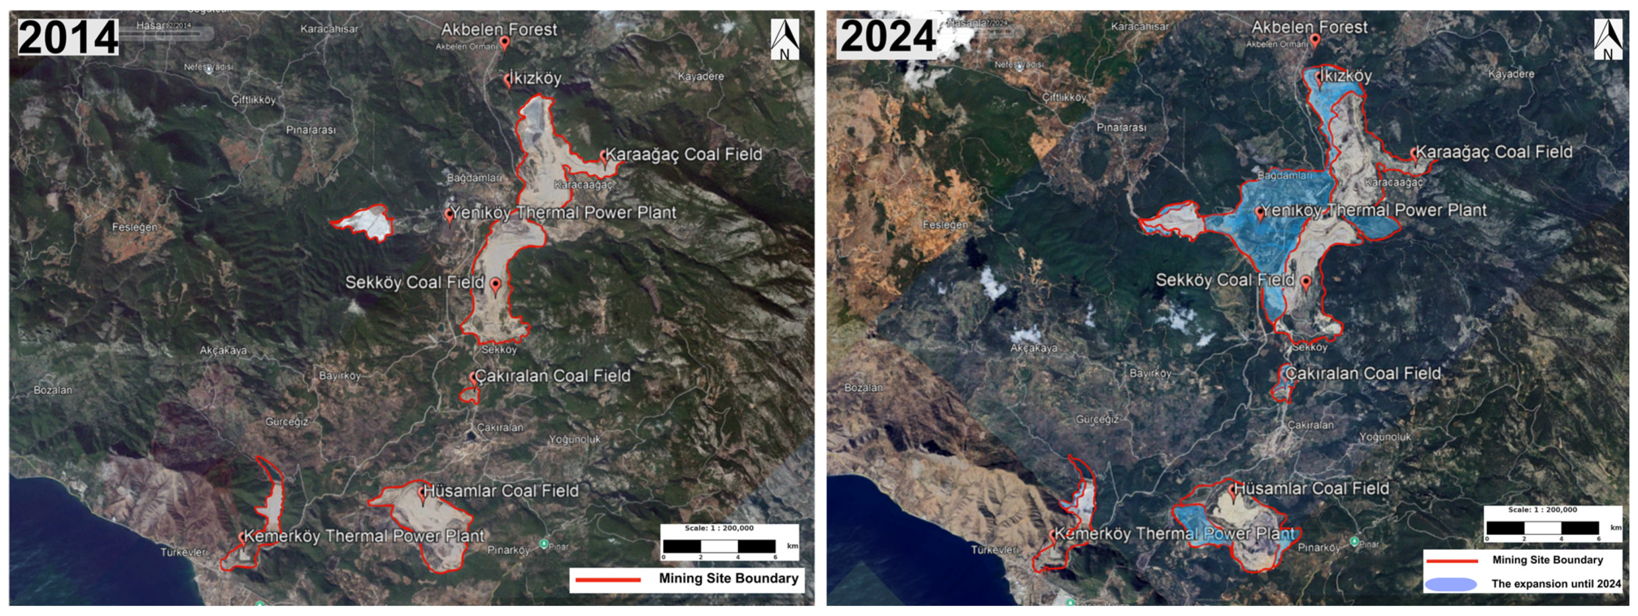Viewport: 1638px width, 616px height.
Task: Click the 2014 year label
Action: [68, 37]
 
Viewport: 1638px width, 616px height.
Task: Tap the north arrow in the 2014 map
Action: [784, 39]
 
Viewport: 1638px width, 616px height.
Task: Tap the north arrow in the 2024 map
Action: [1607, 39]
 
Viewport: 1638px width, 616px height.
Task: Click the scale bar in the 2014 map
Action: [719, 545]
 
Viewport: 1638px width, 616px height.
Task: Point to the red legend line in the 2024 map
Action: [1452, 560]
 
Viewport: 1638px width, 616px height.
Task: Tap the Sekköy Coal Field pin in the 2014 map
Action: [495, 285]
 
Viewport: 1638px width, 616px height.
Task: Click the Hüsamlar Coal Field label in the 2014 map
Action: [501, 491]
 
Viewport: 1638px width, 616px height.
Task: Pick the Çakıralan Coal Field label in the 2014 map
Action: [553, 376]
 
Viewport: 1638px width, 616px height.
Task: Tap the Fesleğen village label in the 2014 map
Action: [134, 227]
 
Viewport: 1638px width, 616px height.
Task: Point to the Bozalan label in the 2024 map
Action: [863, 387]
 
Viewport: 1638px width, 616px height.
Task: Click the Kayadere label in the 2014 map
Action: [700, 76]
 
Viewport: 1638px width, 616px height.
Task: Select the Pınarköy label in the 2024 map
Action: [1319, 547]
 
